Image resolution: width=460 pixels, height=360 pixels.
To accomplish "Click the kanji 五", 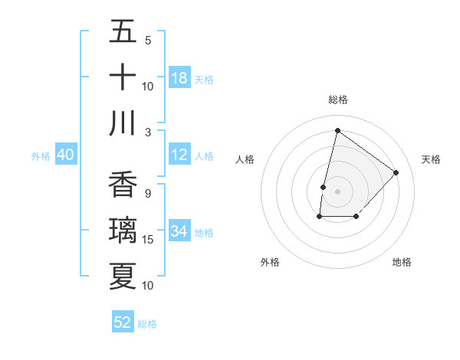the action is click(123, 33).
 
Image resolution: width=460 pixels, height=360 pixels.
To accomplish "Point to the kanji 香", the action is click(123, 186).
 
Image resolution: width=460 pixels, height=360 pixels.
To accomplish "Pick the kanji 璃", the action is click(123, 231).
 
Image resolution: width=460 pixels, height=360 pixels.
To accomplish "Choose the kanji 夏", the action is click(123, 277).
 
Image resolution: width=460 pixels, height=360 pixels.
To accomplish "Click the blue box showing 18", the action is click(179, 78).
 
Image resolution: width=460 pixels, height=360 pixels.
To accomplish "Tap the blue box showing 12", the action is click(179, 155).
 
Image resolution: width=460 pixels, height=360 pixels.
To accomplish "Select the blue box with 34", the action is click(179, 231).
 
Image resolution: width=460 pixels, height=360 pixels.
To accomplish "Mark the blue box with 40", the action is click(65, 155).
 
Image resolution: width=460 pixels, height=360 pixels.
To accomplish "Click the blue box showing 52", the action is click(123, 322).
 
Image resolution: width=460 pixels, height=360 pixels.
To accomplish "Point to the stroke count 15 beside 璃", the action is click(148, 240).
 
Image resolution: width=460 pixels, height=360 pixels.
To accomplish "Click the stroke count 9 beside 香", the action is click(147, 194).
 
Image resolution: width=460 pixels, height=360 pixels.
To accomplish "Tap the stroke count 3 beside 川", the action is click(147, 132).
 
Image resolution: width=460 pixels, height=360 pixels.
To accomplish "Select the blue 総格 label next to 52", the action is click(147, 324).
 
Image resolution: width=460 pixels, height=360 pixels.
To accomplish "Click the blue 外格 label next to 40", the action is click(41, 156).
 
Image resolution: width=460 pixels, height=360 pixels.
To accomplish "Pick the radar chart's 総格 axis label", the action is click(337, 100).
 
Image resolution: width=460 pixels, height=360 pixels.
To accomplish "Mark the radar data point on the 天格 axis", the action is click(396, 172).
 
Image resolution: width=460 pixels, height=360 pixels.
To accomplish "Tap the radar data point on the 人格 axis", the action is click(324, 187).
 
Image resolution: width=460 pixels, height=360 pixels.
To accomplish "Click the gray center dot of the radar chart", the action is click(337, 191).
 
